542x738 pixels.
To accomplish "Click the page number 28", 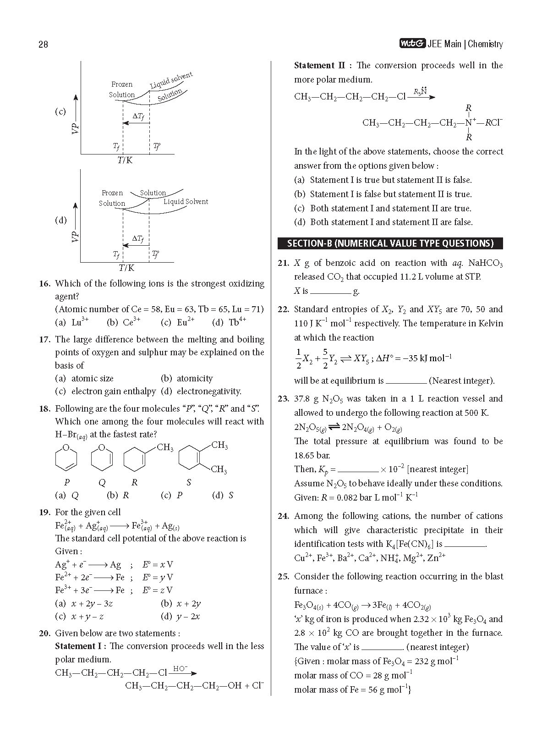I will pyautogui.click(x=43, y=44).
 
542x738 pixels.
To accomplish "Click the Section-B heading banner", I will pyautogui.click(x=390, y=243).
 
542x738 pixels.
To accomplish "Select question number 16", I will pyautogui.click(x=44, y=284).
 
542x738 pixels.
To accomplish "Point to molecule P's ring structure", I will pyautogui.click(x=66, y=459).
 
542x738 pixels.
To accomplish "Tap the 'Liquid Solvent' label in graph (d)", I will pyautogui.click(x=186, y=202).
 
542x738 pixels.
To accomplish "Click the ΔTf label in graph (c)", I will pyautogui.click(x=138, y=116).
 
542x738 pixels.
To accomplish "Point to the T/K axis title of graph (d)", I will pyautogui.click(x=127, y=268).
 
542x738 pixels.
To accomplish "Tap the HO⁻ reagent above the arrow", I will pyautogui.click(x=180, y=669).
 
